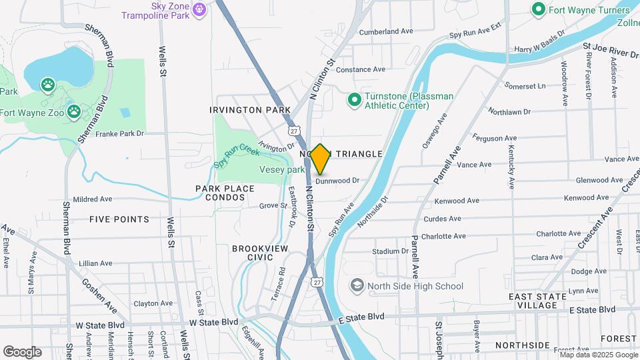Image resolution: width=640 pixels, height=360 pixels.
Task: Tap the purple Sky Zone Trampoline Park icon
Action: [199, 9]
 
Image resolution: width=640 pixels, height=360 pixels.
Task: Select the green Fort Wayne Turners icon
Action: [538, 9]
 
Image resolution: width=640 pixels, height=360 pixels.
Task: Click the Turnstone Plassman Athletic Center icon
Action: [355, 101]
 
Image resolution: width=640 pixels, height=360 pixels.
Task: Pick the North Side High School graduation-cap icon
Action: [357, 286]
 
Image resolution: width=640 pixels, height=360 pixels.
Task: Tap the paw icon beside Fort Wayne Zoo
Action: [73, 111]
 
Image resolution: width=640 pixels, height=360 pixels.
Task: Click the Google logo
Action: [22, 351]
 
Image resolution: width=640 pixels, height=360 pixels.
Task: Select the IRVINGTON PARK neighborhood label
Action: [250, 109]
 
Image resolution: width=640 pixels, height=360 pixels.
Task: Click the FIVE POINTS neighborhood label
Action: [119, 219]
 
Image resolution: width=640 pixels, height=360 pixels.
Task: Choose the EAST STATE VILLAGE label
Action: [541, 301]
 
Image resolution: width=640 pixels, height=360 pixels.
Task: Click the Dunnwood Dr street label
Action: [337, 180]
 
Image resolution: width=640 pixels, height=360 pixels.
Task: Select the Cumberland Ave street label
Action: [387, 31]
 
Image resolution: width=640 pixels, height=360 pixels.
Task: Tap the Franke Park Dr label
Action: [120, 133]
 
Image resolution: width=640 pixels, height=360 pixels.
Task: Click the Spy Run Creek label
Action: [237, 156]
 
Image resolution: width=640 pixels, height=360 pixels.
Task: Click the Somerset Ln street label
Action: [525, 86]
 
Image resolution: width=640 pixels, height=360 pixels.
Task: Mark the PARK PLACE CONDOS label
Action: [225, 193]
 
